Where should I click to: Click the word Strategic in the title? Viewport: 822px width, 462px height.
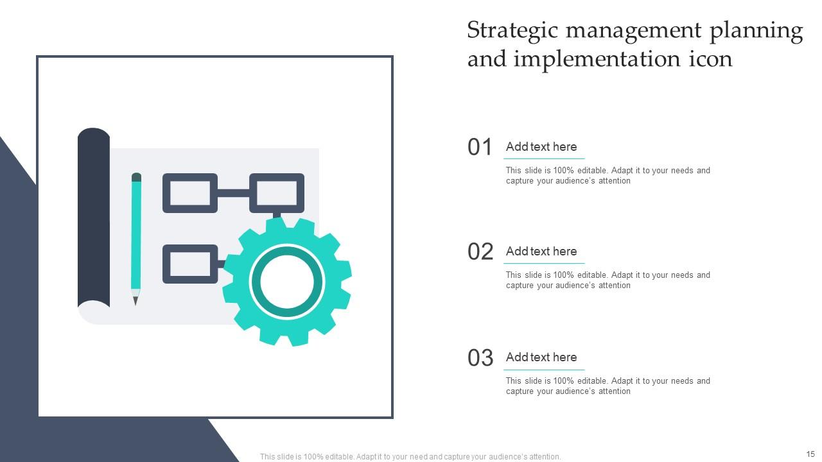(x=512, y=31)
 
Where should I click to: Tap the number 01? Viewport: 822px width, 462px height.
(x=480, y=147)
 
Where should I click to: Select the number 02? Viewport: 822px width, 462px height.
(x=480, y=252)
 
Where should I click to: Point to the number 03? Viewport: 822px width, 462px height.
(x=480, y=357)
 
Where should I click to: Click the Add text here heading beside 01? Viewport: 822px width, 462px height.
(x=541, y=147)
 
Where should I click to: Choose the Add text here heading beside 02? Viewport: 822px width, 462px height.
(x=541, y=251)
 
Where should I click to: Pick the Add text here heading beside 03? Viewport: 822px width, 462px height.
(x=541, y=357)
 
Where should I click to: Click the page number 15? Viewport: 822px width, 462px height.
(x=810, y=454)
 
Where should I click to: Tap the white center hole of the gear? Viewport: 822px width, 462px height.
(x=287, y=282)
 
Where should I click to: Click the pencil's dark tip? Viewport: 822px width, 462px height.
(x=136, y=302)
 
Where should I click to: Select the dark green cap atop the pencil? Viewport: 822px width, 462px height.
(x=136, y=177)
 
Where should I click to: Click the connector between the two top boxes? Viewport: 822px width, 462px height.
(x=233, y=193)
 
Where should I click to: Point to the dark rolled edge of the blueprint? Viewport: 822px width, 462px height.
(x=94, y=217)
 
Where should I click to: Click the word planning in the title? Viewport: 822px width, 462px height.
(x=756, y=31)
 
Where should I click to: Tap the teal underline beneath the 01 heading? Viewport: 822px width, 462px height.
(x=544, y=158)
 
